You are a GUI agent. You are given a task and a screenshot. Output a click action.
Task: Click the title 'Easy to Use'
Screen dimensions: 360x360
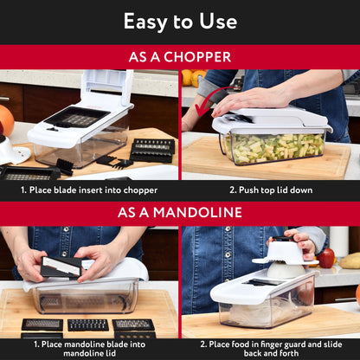point(180,22)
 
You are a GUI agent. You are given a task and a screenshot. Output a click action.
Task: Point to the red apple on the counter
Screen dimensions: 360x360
point(326,257)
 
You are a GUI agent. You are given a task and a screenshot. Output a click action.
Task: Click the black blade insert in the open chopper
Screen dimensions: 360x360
point(78,118)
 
